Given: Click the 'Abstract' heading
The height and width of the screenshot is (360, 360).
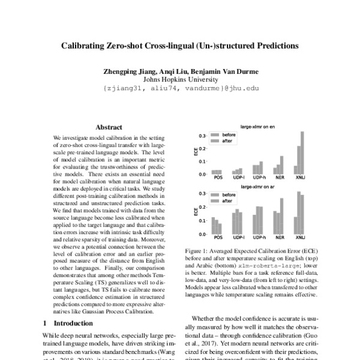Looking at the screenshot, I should (x=109, y=127).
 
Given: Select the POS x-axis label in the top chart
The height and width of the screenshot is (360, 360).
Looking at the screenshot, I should (x=217, y=179).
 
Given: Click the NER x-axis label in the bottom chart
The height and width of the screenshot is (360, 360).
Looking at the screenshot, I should (x=278, y=239).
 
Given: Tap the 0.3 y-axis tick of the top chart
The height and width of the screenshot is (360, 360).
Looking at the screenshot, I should (x=203, y=136).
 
